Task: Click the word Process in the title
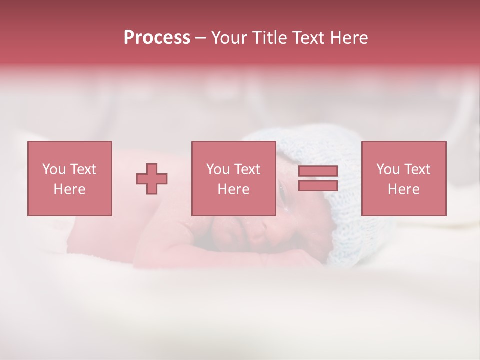pyautogui.click(x=157, y=38)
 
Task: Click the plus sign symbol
pyautogui.click(x=152, y=179)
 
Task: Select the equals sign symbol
pyautogui.click(x=318, y=178)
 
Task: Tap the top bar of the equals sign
pyautogui.click(x=318, y=171)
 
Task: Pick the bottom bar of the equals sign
pyautogui.click(x=318, y=185)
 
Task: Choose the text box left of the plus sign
pyautogui.click(x=69, y=178)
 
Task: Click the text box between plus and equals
pyautogui.click(x=233, y=178)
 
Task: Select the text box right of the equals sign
pyautogui.click(x=403, y=178)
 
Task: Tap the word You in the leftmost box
pyautogui.click(x=53, y=169)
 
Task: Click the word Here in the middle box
pyautogui.click(x=233, y=189)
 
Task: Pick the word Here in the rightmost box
pyautogui.click(x=403, y=189)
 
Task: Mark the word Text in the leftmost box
pyautogui.click(x=83, y=169)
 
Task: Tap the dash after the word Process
pyautogui.click(x=200, y=38)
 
